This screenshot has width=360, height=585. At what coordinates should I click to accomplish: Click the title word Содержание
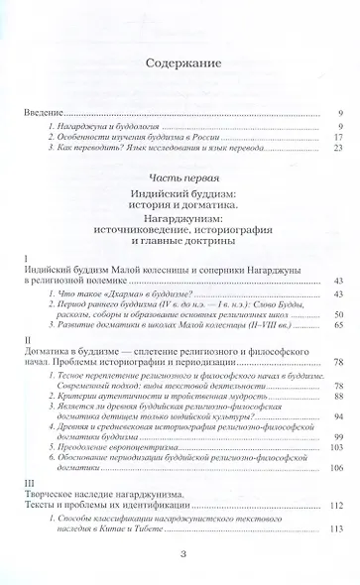point(180,65)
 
